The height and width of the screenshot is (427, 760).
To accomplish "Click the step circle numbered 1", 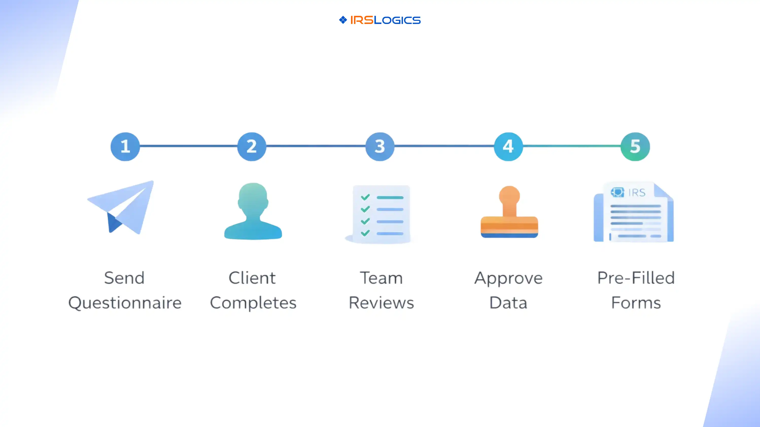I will click(x=125, y=146).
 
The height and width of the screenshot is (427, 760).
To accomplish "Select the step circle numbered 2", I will click(x=252, y=146).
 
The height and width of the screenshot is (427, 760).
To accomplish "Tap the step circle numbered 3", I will click(x=380, y=146).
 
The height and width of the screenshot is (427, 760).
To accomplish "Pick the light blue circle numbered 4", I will click(x=508, y=146).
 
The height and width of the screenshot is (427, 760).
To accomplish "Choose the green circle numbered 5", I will click(x=635, y=146).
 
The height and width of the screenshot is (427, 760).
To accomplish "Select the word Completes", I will click(x=253, y=303).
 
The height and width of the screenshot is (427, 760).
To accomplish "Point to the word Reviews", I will click(x=381, y=303).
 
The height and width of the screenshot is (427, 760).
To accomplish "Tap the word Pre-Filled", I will click(x=636, y=278).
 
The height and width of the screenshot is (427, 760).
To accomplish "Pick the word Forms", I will click(x=636, y=303).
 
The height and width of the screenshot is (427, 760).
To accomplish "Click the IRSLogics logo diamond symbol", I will click(x=343, y=20).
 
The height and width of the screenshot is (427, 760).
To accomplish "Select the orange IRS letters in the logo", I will click(x=362, y=20).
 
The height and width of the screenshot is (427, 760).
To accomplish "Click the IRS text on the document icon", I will click(x=637, y=192).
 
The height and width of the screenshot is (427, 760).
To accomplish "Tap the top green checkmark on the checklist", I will click(x=365, y=197).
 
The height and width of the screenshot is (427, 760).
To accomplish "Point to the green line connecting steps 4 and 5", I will click(x=572, y=146).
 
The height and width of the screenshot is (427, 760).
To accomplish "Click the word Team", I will click(x=381, y=278).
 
